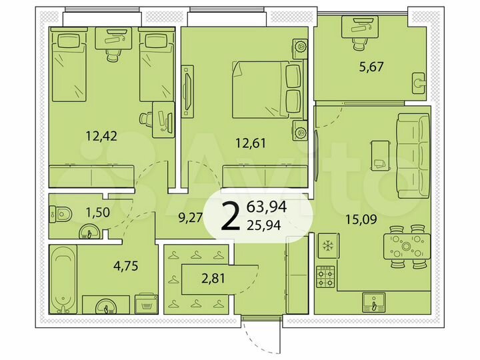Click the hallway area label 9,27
pyautogui.click(x=191, y=216)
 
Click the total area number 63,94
pyautogui.click(x=267, y=207)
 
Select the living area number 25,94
pyautogui.click(x=267, y=225)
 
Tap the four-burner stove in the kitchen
pyautogui.click(x=325, y=274)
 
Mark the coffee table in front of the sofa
pyautogui.click(x=381, y=157)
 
